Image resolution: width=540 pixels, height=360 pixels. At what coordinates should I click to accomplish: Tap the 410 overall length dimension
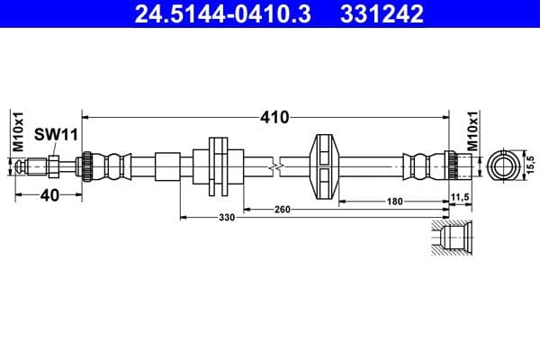point(274,117)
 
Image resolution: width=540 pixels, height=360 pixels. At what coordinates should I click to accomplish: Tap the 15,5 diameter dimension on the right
point(531,166)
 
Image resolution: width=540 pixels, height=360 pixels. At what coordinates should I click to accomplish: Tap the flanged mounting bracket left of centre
point(219,166)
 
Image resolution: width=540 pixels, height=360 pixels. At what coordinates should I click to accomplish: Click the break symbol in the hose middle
point(282,166)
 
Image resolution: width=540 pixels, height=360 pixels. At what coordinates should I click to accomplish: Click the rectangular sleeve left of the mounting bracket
point(168,166)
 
